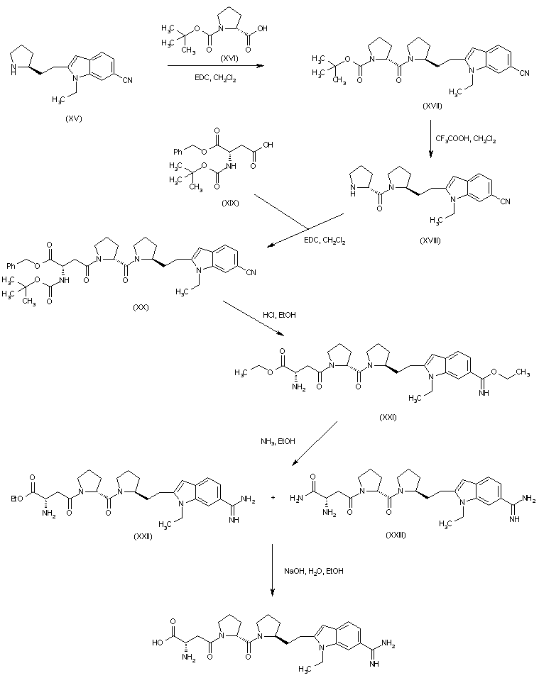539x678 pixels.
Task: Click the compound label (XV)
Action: (73, 119)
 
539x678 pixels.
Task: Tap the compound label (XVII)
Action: (432, 106)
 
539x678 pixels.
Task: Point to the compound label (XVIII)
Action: (430, 241)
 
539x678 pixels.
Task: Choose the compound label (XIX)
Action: (230, 203)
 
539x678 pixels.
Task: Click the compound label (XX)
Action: (141, 307)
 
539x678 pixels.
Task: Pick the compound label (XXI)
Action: (388, 417)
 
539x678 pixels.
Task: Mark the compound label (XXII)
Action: (143, 537)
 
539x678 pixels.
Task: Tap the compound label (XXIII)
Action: (396, 535)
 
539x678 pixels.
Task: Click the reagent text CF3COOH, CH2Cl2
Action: (465, 139)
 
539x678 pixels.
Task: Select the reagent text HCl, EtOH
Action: (279, 315)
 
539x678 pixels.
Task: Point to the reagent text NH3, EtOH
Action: (278, 441)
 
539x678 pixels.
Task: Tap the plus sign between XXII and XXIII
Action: (273, 498)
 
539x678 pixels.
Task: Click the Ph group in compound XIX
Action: (178, 152)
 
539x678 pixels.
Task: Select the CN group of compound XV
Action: (127, 80)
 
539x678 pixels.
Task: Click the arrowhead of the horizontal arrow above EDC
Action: (260, 66)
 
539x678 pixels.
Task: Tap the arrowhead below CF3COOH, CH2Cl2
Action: (431, 155)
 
